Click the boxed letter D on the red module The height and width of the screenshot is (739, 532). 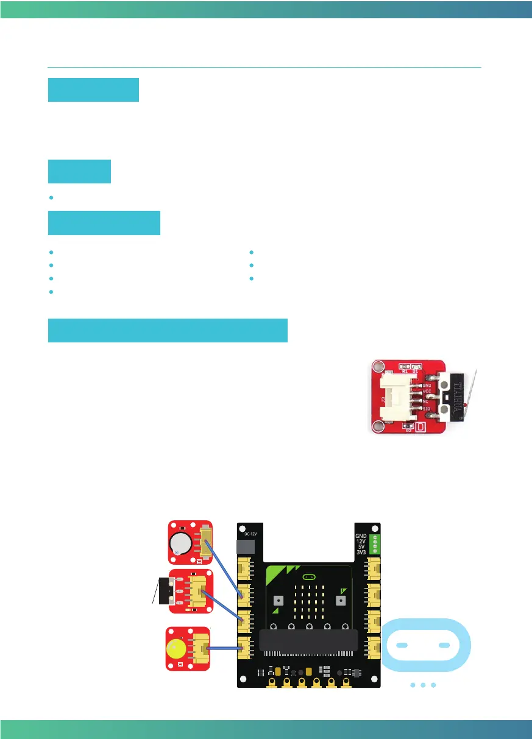pos(420,426)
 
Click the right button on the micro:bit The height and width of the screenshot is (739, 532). pos(340,599)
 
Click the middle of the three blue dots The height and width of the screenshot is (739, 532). pos(423,685)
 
